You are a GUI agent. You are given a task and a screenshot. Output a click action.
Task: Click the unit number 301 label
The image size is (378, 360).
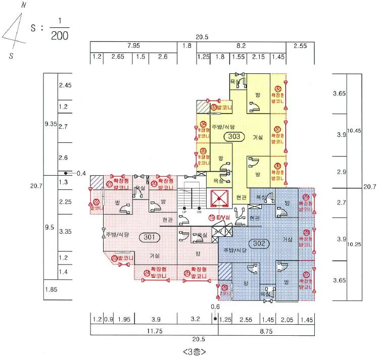point(149,236)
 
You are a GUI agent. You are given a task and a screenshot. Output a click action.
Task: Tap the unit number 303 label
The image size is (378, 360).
point(234,136)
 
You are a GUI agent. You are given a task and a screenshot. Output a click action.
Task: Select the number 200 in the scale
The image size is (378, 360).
point(60,36)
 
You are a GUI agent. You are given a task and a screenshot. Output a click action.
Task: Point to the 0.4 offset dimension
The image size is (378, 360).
point(81,173)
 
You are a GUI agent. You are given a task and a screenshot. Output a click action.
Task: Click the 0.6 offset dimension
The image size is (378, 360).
point(215,306)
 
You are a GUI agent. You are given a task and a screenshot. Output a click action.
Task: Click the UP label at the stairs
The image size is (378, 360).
point(185,212)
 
